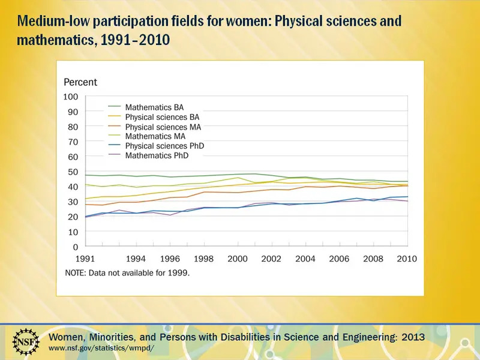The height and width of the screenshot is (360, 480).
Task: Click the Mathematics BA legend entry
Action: pos(146,107)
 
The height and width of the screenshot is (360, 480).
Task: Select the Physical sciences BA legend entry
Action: pos(154,117)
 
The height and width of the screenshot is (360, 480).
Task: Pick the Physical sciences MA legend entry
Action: pos(155,127)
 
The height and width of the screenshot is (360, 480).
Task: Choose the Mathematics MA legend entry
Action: pos(147,136)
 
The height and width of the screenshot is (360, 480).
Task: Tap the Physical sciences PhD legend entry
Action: pos(156,146)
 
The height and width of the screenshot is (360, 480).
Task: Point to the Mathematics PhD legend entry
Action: pos(148,155)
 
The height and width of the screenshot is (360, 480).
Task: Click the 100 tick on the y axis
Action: pos(70,97)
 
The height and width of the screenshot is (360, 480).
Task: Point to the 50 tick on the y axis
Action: pos(73,172)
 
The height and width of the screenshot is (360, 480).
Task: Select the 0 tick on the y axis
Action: pos(76,247)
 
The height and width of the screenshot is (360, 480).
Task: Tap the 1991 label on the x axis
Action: pos(85,259)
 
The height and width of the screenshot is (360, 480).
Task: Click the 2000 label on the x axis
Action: pos(238,259)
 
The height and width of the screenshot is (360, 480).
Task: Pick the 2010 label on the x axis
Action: pos(407,259)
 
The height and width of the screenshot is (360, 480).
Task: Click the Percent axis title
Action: pos(80,82)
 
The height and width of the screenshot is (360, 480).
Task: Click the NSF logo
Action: pos(26,341)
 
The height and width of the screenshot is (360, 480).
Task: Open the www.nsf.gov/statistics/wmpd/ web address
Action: pos(101,348)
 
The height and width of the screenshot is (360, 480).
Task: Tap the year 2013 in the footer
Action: pos(413,337)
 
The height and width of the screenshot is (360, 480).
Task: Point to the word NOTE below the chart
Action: pos(76,272)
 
